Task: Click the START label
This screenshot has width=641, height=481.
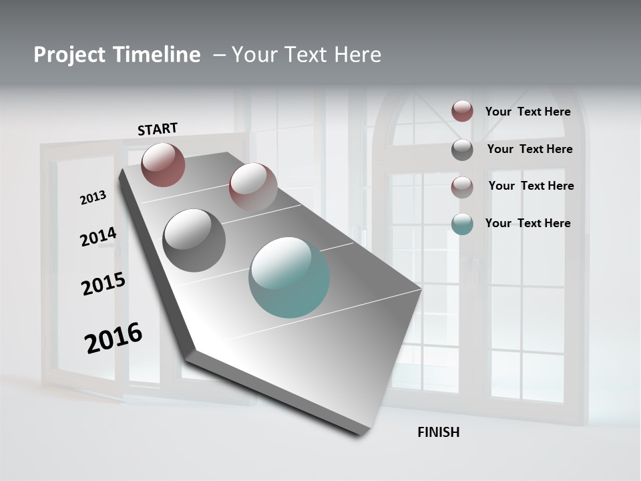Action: tap(158, 129)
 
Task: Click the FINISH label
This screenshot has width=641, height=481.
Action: tap(438, 432)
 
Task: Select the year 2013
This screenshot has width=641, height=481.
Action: tap(93, 197)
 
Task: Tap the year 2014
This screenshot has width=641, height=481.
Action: tap(98, 236)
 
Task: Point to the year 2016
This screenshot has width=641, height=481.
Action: tap(114, 337)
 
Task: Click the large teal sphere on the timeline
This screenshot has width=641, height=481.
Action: tap(289, 277)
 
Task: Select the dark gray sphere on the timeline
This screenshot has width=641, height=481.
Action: tap(194, 240)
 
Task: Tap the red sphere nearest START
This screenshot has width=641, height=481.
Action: tap(163, 164)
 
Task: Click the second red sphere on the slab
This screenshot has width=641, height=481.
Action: tap(252, 187)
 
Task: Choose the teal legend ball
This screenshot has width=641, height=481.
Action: tap(462, 224)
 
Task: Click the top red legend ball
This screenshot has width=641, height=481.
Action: tap(462, 111)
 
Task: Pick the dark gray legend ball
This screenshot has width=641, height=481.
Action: tap(462, 150)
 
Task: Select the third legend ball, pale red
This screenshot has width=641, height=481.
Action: tap(462, 187)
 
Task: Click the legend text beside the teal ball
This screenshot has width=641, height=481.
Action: tap(527, 223)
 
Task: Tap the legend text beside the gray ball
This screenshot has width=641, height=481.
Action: tap(529, 149)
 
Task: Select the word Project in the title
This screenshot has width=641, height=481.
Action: tap(68, 55)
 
